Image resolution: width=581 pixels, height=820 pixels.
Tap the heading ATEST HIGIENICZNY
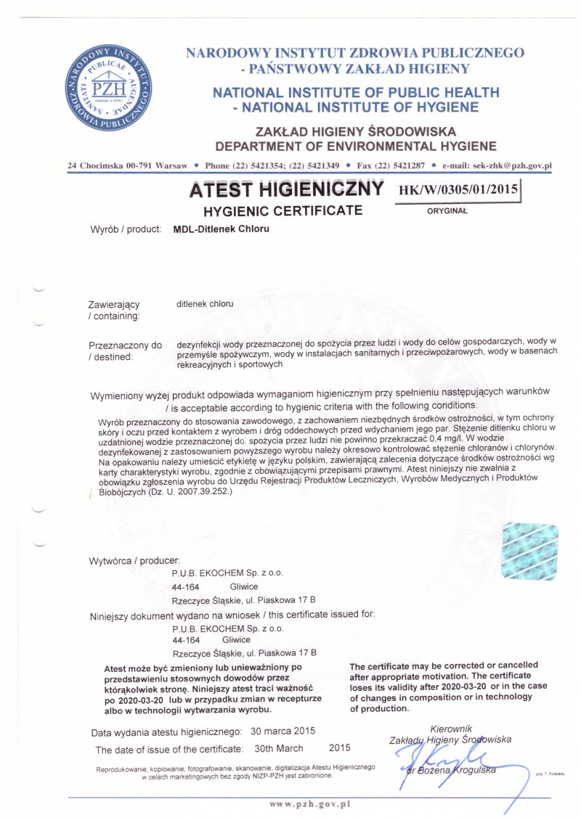coord(285,190)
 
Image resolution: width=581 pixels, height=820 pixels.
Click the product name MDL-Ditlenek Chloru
coord(221,229)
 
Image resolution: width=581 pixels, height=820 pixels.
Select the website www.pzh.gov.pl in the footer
coord(310,803)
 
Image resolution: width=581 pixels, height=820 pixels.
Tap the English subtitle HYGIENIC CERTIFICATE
coord(283,211)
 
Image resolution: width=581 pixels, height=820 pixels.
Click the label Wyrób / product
coord(125,229)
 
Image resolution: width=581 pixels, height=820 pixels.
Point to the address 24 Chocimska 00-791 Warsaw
coord(127,165)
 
